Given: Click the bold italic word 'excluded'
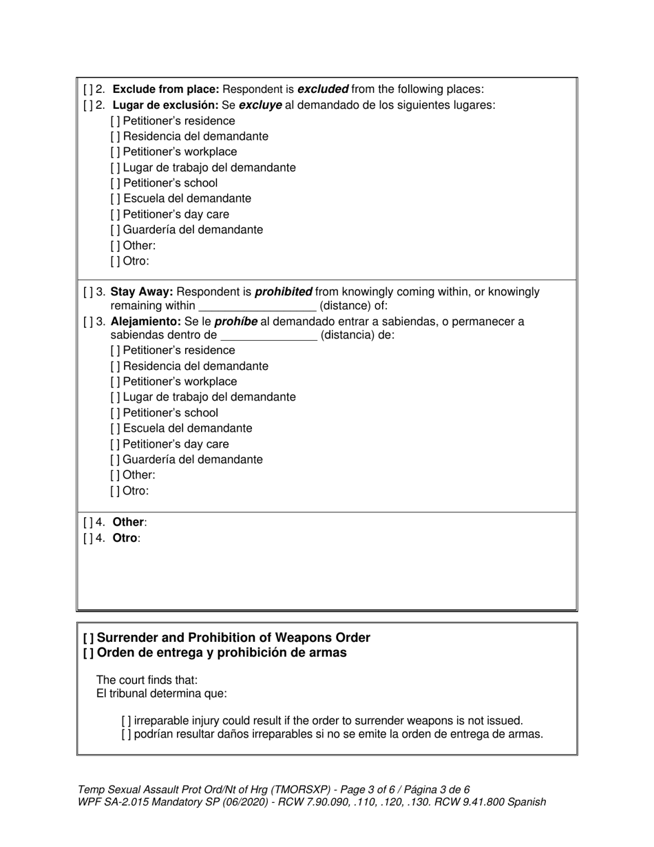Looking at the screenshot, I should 323,90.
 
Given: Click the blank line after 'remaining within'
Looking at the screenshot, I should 257,306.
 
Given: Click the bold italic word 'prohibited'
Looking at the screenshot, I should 284,292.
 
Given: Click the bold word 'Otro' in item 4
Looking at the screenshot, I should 125,538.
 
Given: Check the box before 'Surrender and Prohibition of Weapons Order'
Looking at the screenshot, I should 88,638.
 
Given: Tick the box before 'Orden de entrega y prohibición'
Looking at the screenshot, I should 88,653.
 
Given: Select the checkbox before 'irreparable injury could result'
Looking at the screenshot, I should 126,721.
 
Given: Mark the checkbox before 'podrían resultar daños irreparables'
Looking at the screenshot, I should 126,734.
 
